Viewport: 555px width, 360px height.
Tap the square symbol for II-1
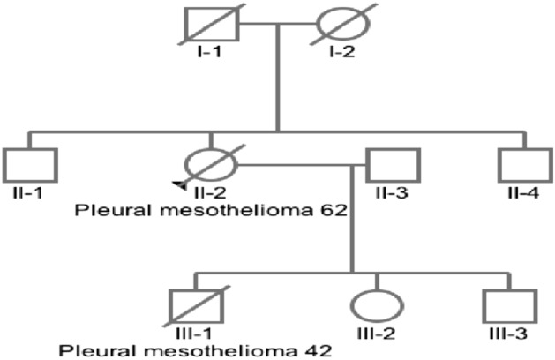point(31,164)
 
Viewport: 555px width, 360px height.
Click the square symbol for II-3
point(394,164)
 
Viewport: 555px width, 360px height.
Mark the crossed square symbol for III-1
point(195,305)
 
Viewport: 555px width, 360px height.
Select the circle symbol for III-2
point(378,305)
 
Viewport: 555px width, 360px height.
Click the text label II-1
point(31,193)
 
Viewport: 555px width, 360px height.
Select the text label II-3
point(394,193)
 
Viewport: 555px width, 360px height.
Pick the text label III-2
point(378,334)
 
